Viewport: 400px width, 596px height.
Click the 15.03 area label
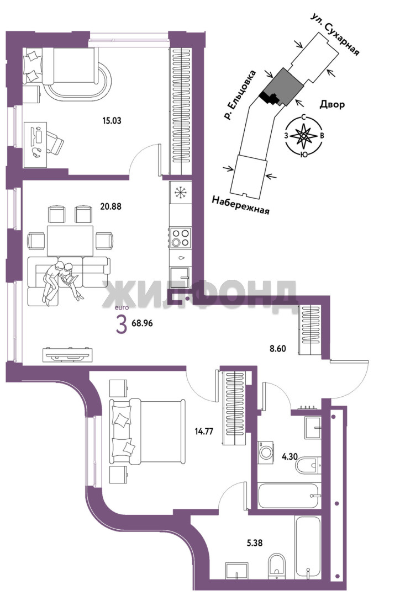pyautogui.click(x=112, y=121)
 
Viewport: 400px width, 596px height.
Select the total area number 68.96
pyautogui.click(x=142, y=323)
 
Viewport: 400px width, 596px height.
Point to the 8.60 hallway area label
pyautogui.click(x=277, y=348)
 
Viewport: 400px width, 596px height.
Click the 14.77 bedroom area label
pyautogui.click(x=204, y=431)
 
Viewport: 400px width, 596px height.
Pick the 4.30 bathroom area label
pyautogui.click(x=290, y=456)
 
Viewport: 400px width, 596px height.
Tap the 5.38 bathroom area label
pyautogui.click(x=254, y=543)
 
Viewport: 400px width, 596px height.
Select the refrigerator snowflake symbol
pyautogui.click(x=180, y=193)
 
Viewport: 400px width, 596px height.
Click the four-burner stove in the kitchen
pyautogui.click(x=180, y=237)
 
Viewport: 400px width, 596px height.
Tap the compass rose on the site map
pyautogui.click(x=304, y=135)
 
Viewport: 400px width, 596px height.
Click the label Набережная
pyautogui.click(x=240, y=205)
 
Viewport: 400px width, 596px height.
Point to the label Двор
pyautogui.click(x=332, y=104)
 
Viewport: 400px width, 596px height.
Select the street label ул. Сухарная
pyautogui.click(x=335, y=35)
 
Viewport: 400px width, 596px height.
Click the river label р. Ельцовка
pyautogui.click(x=240, y=95)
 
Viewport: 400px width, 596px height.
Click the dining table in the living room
pyautogui.click(x=70, y=241)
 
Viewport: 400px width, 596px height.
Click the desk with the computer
pyautogui.click(x=35, y=145)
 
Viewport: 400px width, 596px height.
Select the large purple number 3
pyautogui.click(x=121, y=326)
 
